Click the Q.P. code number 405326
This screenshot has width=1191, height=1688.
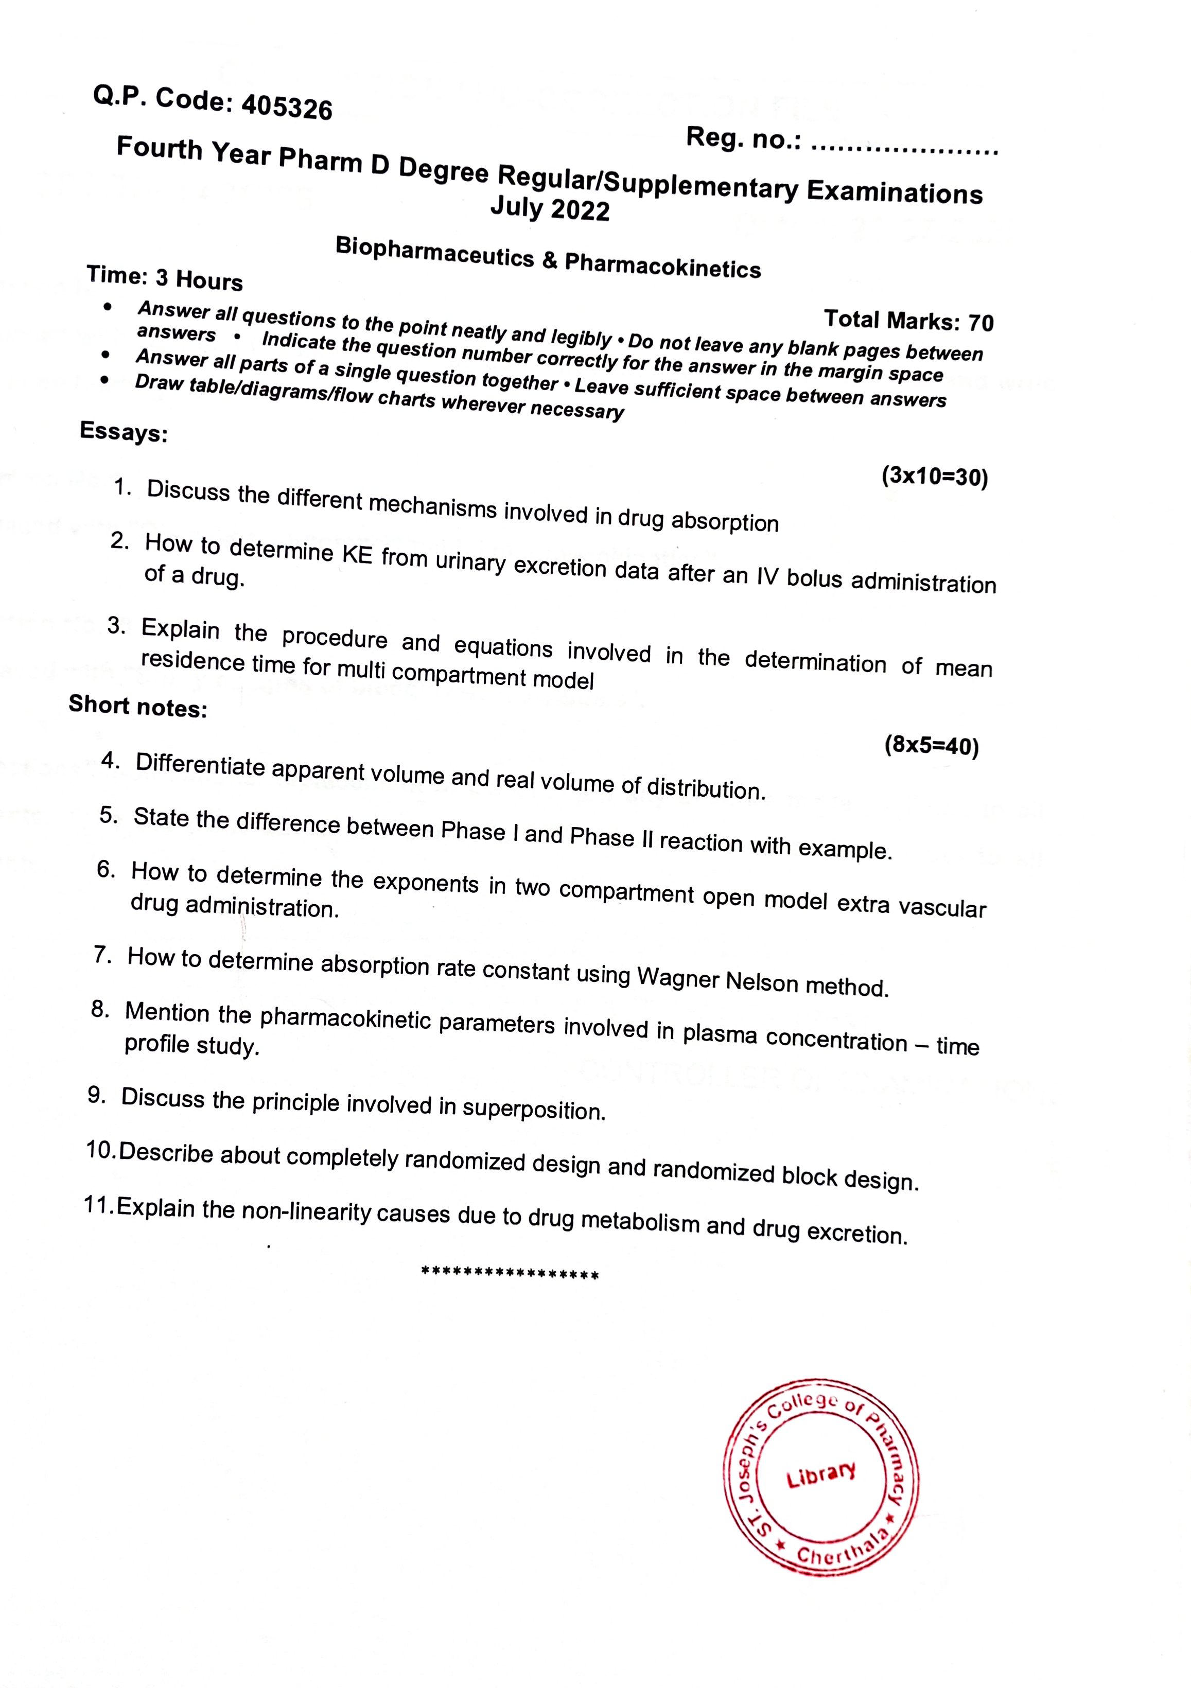tap(287, 108)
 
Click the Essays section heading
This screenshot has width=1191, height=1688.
tap(124, 432)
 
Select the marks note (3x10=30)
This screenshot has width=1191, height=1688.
tap(934, 477)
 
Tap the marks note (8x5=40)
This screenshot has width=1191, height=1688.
tap(932, 746)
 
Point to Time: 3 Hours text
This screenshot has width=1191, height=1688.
tap(165, 277)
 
